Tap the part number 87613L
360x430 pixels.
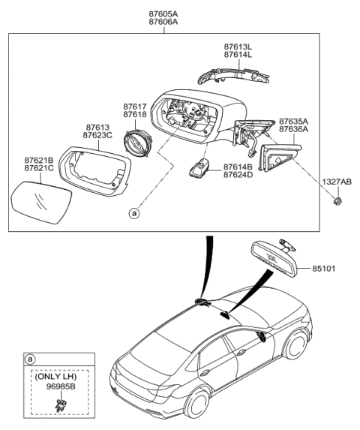point(238,47)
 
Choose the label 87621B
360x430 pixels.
point(37,159)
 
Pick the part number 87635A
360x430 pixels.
point(294,120)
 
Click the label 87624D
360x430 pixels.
point(237,175)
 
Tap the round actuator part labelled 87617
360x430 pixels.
point(136,141)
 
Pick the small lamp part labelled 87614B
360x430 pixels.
point(200,168)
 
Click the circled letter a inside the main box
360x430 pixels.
point(134,213)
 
